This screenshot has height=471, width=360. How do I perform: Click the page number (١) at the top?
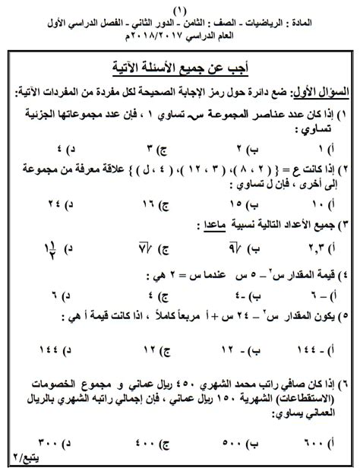180,9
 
